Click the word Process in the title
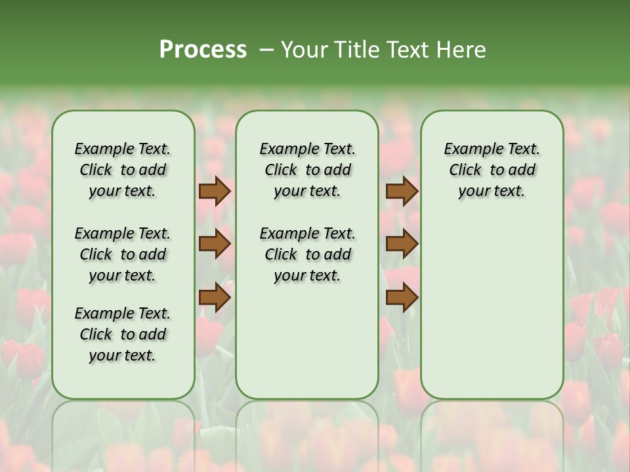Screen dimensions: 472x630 (203, 50)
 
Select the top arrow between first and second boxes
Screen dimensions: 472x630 (214, 191)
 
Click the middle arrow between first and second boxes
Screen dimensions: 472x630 (214, 245)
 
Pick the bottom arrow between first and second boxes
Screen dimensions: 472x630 (214, 298)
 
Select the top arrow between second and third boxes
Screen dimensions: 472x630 (402, 191)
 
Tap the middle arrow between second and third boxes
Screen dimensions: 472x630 (402, 245)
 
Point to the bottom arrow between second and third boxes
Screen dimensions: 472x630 (402, 298)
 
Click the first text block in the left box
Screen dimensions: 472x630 (123, 170)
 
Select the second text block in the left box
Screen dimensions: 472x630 (123, 254)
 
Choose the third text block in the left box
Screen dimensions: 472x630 (123, 334)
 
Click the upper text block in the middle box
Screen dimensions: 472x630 (307, 170)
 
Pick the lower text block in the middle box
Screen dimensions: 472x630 (307, 254)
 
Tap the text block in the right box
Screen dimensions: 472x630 (492, 170)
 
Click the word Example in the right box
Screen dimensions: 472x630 (470, 149)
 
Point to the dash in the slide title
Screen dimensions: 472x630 (266, 50)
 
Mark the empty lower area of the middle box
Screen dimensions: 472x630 (307, 341)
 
